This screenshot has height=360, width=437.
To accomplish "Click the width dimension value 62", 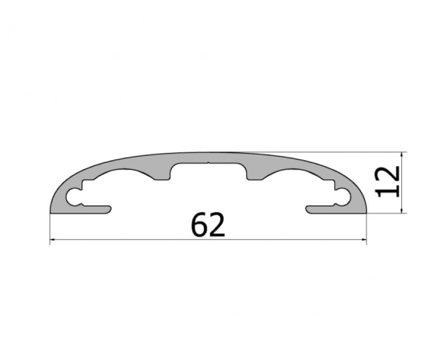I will [208, 224].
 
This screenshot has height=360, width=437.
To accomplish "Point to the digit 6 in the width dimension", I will [200, 224].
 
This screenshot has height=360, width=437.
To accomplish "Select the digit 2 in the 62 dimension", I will [217, 224].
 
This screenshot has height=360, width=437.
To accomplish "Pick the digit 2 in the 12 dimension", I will [388, 173].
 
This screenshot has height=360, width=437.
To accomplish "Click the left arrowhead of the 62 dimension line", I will [52, 239].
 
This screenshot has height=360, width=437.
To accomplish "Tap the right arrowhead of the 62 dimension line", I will [364, 239].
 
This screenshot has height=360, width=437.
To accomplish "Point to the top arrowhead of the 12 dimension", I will [402, 154].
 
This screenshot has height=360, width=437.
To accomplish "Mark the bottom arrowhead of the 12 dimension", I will [402, 210].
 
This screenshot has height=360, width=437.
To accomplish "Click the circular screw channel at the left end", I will [74, 197].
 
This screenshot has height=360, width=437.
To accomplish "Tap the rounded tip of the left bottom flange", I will [111, 209].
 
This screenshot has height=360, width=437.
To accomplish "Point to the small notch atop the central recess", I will [208, 164].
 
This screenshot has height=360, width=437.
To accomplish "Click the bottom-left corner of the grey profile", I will [51, 212].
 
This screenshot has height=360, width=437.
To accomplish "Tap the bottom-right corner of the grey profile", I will [366, 212].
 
